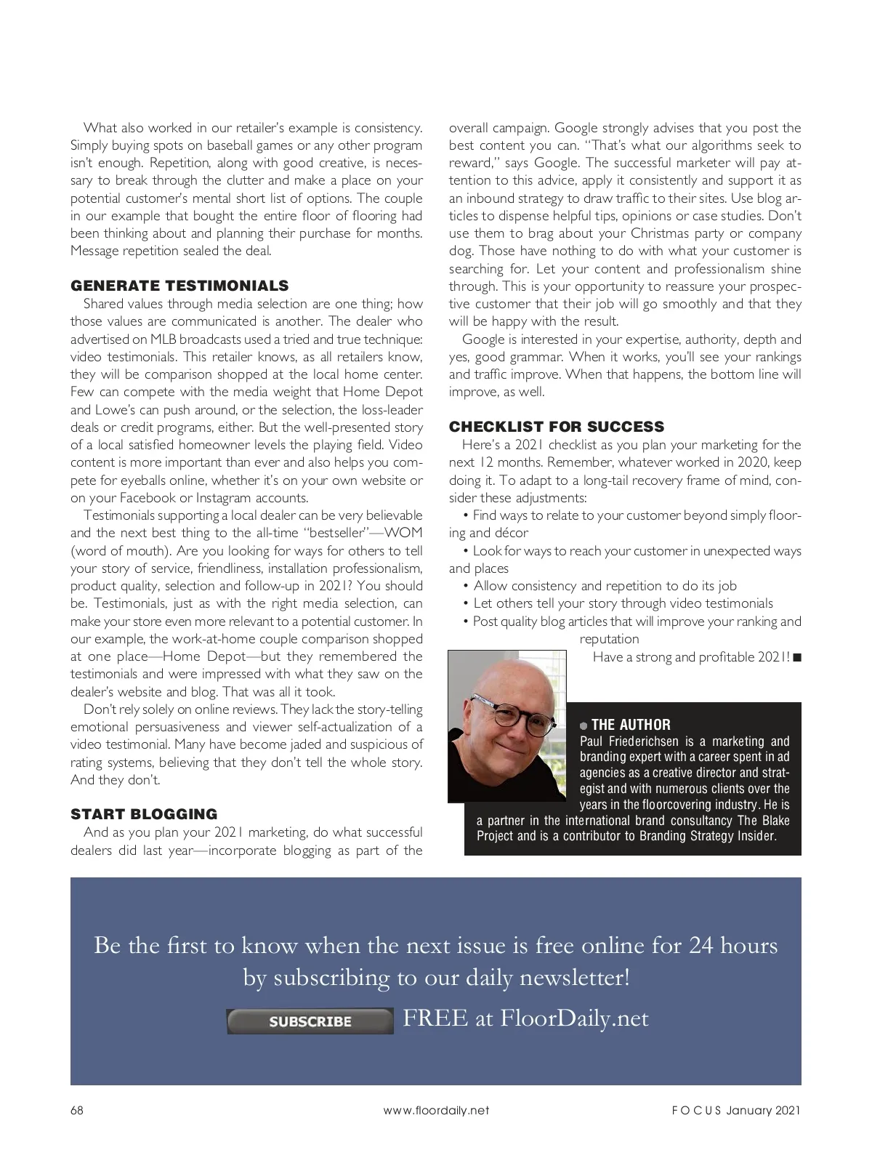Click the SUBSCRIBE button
(x=310, y=1021)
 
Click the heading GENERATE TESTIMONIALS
(x=179, y=286)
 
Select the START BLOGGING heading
(x=144, y=814)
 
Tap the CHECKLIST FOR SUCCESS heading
(x=557, y=427)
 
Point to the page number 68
(x=77, y=1110)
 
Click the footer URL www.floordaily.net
(x=436, y=1110)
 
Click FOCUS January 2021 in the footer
(x=735, y=1110)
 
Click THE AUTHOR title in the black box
(x=631, y=725)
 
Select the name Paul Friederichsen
(x=629, y=741)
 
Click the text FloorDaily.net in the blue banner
(x=574, y=1018)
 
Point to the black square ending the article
(x=797, y=658)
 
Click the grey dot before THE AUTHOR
(x=584, y=725)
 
